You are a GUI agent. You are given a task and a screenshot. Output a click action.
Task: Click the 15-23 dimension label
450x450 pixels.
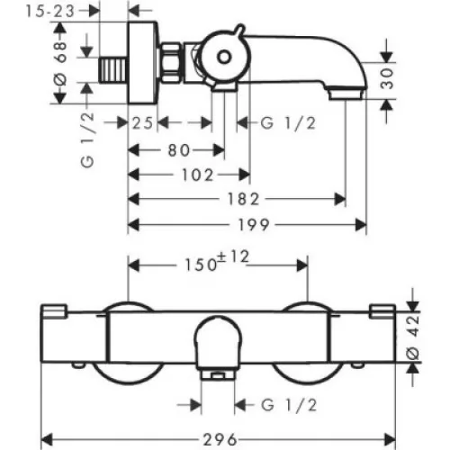(49, 12)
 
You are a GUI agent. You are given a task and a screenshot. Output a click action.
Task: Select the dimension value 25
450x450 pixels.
(143, 123)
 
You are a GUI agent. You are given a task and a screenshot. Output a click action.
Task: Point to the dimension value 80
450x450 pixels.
(179, 150)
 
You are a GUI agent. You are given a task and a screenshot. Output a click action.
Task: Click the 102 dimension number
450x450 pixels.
(197, 175)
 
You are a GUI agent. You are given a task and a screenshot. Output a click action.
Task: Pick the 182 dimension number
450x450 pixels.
(243, 199)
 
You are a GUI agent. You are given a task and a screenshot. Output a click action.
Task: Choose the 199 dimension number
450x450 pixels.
(254, 225)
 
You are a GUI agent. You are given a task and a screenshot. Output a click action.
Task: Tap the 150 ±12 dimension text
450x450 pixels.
(217, 262)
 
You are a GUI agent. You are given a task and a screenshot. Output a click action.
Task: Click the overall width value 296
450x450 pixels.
(220, 440)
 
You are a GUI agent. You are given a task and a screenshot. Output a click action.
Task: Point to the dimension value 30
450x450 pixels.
(387, 78)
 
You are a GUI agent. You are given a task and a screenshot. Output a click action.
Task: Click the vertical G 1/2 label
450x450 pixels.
(87, 140)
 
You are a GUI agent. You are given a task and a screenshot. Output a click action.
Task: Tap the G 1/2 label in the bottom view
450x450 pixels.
(289, 405)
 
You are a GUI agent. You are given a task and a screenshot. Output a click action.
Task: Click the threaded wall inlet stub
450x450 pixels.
(113, 70)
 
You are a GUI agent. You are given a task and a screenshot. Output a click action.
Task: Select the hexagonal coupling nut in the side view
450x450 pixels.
(171, 63)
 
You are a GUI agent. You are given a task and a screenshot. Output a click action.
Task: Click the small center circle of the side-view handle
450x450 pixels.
(224, 57)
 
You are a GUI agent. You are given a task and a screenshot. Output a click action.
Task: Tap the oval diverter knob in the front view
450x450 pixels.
(218, 343)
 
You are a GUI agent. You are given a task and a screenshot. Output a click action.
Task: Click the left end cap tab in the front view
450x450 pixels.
(54, 310)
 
